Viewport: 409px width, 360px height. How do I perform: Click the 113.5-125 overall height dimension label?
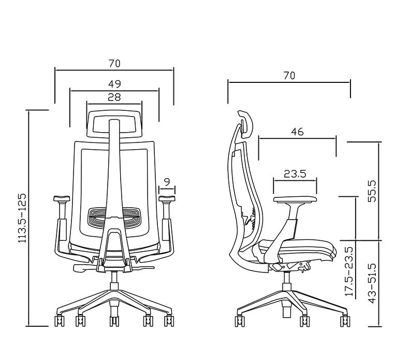click(x=22, y=218)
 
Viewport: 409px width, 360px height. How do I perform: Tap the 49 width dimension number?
click(x=114, y=84)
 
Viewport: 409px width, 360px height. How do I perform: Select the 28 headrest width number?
click(x=114, y=97)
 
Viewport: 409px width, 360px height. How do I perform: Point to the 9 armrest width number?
click(x=167, y=182)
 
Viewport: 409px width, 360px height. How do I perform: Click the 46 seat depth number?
click(x=297, y=132)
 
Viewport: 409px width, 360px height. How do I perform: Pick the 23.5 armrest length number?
click(x=295, y=174)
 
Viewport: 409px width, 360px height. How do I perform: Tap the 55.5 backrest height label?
click(x=372, y=191)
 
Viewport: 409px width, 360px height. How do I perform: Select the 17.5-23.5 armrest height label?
click(x=349, y=271)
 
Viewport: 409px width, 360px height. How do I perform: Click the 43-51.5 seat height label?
click(x=372, y=283)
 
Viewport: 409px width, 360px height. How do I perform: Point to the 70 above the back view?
click(x=114, y=63)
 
